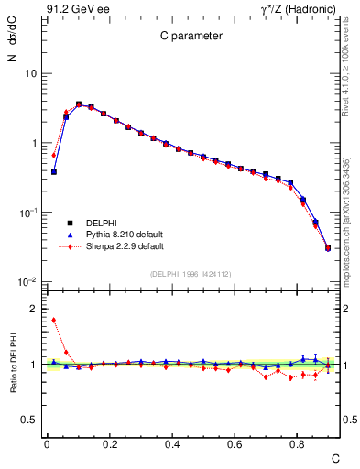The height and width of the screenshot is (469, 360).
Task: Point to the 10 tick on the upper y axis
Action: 29,73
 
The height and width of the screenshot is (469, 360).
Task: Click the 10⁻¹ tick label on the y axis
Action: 27,213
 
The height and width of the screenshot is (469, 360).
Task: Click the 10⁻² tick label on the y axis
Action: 27,282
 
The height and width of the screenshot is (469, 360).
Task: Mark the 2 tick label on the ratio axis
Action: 33,309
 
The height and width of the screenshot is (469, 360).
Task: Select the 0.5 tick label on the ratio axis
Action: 29,420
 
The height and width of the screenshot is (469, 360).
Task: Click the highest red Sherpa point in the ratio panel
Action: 54,320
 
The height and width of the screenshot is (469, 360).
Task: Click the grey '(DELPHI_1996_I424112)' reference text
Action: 189,272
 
